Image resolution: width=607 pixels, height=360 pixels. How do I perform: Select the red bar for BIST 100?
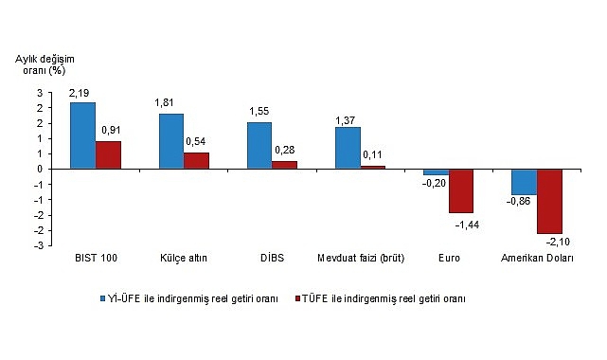108,154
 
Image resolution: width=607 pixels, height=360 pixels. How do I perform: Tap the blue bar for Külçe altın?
170,141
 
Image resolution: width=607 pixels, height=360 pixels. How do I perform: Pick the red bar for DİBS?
284,165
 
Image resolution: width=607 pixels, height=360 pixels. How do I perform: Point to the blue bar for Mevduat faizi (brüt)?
348,148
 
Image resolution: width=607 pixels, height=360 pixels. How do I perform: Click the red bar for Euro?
461,190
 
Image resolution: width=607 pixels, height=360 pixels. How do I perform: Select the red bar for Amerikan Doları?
549,201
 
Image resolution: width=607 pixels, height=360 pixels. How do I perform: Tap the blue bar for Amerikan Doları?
524,182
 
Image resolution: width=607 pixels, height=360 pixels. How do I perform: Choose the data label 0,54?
197,141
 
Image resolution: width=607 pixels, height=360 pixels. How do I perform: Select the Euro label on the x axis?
448,258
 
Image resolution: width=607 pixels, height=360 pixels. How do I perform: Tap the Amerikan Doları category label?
537,258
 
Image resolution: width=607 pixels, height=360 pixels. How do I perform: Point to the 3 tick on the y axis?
40,93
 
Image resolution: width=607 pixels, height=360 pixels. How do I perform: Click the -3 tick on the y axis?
38,245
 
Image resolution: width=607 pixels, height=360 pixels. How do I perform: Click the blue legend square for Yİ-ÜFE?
106,297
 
